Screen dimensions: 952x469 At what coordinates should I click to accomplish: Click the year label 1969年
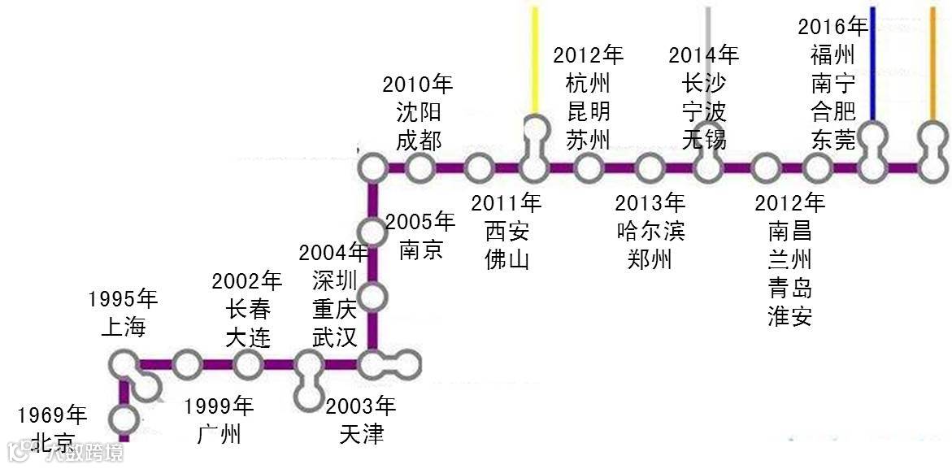coord(52,416)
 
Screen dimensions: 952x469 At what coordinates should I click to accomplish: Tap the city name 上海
coord(123,327)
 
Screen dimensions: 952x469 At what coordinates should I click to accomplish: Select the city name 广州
coord(220,433)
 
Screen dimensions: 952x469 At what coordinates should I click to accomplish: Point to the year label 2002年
coord(247,282)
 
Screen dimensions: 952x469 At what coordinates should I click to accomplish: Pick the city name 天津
coord(361,433)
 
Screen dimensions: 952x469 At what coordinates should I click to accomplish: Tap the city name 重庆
coord(335,309)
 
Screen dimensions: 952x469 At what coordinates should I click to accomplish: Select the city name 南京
coord(421,249)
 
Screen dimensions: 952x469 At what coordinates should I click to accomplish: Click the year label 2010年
coord(418,85)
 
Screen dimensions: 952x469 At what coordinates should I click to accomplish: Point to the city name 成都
coord(419,140)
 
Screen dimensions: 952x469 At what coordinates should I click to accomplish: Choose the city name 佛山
coord(507,258)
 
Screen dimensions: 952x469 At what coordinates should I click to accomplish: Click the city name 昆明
coord(589,111)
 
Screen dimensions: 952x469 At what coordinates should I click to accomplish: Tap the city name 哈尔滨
coord(650,232)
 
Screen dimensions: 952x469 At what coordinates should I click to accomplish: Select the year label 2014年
coord(704,55)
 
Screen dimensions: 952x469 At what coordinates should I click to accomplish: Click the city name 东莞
coord(833,139)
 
